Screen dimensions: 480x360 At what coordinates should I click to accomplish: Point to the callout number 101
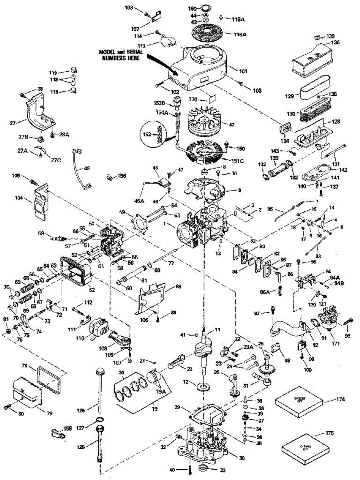click(243, 72)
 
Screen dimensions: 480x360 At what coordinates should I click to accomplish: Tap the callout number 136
click(335, 43)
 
